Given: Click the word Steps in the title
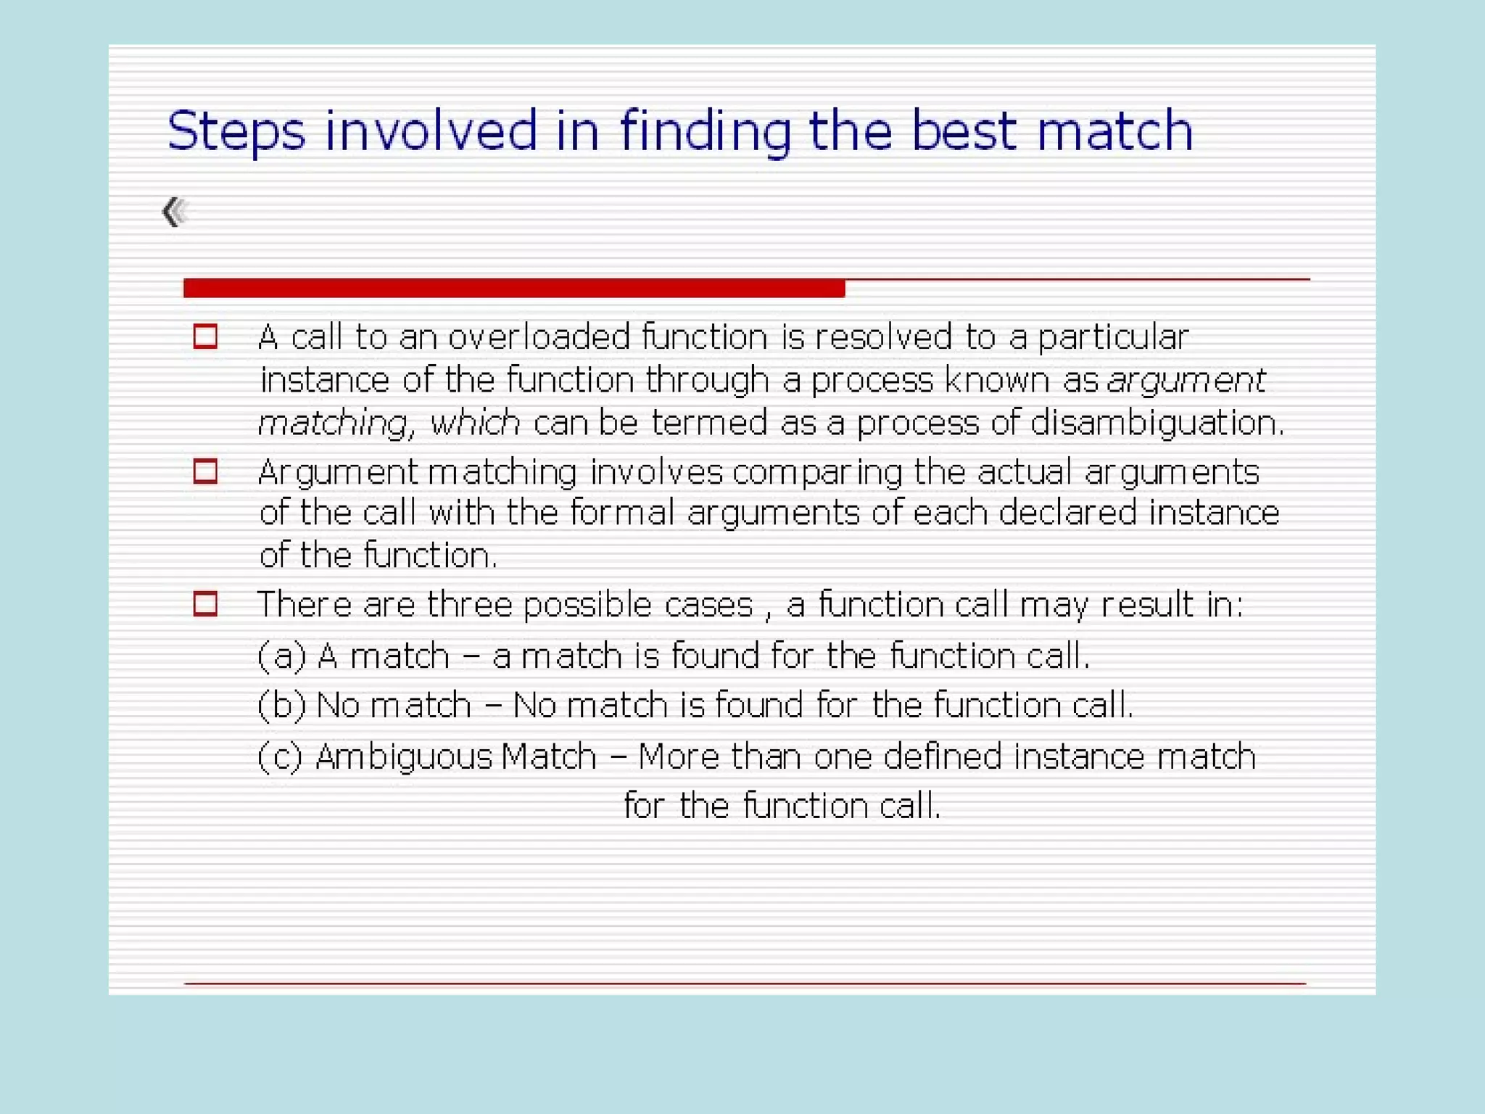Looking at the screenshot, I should pos(236,132).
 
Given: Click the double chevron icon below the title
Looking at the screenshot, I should pos(175,212).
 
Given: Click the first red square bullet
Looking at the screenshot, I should pos(205,337).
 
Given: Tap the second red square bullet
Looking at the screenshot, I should pos(205,471).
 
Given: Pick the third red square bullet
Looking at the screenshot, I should pos(205,603).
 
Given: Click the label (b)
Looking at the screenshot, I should pos(282,705).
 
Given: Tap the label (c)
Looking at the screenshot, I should pos(280,756).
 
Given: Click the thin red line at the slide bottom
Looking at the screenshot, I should pos(745,983).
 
